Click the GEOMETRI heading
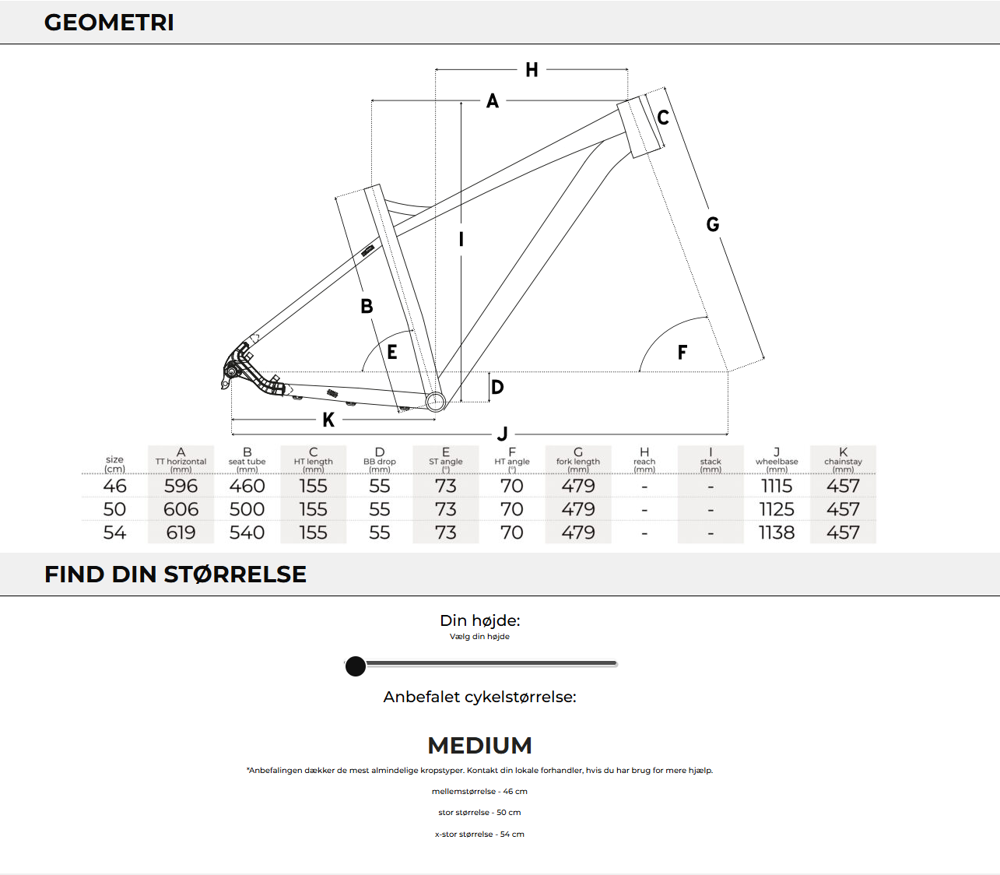109,23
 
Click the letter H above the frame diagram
532,70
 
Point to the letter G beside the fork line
712,225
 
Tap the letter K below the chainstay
328,420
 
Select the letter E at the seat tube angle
392,353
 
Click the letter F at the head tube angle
682,353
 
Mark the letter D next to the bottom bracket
497,387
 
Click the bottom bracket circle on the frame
436,401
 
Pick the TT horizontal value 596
181,486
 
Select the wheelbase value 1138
777,532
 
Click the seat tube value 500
247,509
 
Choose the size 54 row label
114,532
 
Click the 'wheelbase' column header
777,461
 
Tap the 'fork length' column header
578,461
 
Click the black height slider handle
356,666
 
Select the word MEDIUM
479,746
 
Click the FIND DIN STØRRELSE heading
175,575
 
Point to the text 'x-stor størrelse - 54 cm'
479,834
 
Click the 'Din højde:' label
479,620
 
